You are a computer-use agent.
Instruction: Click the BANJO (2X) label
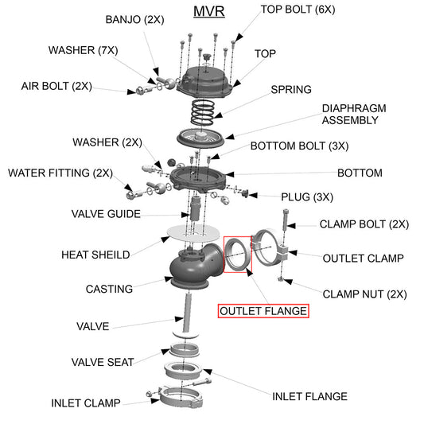[135, 19]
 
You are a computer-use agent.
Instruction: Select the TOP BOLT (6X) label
[296, 10]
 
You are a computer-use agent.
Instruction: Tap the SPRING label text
[291, 89]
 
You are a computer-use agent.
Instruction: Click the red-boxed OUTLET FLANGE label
[263, 311]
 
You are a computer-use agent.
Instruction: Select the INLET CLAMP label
[86, 403]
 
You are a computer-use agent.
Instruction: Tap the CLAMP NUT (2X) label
[364, 294]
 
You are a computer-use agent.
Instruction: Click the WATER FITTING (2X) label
[60, 173]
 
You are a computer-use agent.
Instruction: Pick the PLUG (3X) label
[307, 196]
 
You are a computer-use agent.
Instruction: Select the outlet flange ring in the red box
[236, 255]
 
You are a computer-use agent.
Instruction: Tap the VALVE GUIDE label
[106, 214]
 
